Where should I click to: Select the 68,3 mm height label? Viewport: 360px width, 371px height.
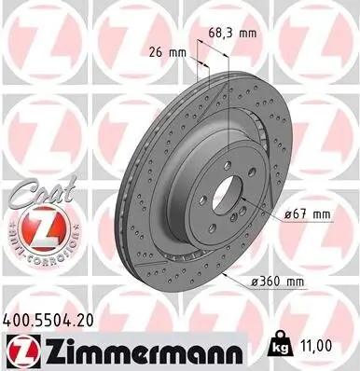(234, 32)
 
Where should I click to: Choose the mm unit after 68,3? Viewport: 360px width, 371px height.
(247, 32)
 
